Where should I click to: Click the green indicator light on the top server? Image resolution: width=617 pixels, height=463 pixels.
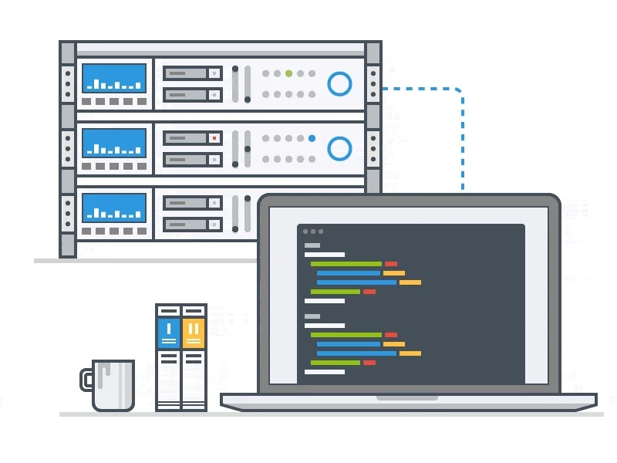tap(288, 74)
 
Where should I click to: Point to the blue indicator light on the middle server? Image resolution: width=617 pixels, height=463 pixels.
tap(312, 139)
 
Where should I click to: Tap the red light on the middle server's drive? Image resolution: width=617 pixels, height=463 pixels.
tap(214, 139)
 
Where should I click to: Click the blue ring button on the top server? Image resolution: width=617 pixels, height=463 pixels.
tap(339, 83)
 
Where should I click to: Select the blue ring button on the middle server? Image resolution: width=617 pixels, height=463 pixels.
tap(339, 148)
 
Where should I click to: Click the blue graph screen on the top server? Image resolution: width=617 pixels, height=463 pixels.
tap(114, 78)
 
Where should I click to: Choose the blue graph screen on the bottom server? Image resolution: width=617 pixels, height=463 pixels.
tap(114, 208)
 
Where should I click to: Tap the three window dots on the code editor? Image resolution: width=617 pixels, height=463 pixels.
tap(313, 231)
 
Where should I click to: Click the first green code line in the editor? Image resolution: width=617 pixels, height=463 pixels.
tap(346, 264)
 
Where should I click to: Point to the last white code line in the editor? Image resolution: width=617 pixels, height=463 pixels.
tap(324, 371)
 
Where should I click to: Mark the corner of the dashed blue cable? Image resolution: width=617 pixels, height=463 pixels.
tap(460, 92)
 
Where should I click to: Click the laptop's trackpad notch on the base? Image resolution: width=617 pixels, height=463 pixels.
tap(407, 398)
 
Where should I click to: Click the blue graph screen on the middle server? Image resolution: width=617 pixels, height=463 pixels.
tap(114, 143)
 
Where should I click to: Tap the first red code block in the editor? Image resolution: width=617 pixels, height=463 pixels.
tap(391, 264)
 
